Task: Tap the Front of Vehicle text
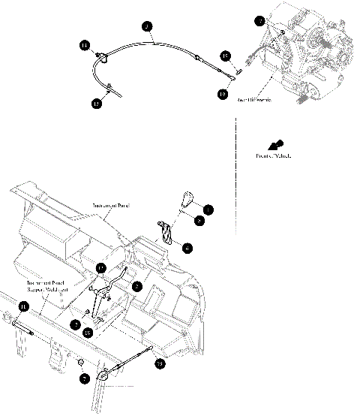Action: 271,155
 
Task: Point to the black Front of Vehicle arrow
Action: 276,143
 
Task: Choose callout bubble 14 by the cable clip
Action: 85,46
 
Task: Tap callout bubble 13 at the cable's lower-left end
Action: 96,104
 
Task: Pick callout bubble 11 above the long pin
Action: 23,306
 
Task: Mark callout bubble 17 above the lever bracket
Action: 101,268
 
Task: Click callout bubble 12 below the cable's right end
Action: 223,95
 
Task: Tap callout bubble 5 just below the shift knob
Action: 198,222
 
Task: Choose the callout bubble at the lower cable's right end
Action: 160,363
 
